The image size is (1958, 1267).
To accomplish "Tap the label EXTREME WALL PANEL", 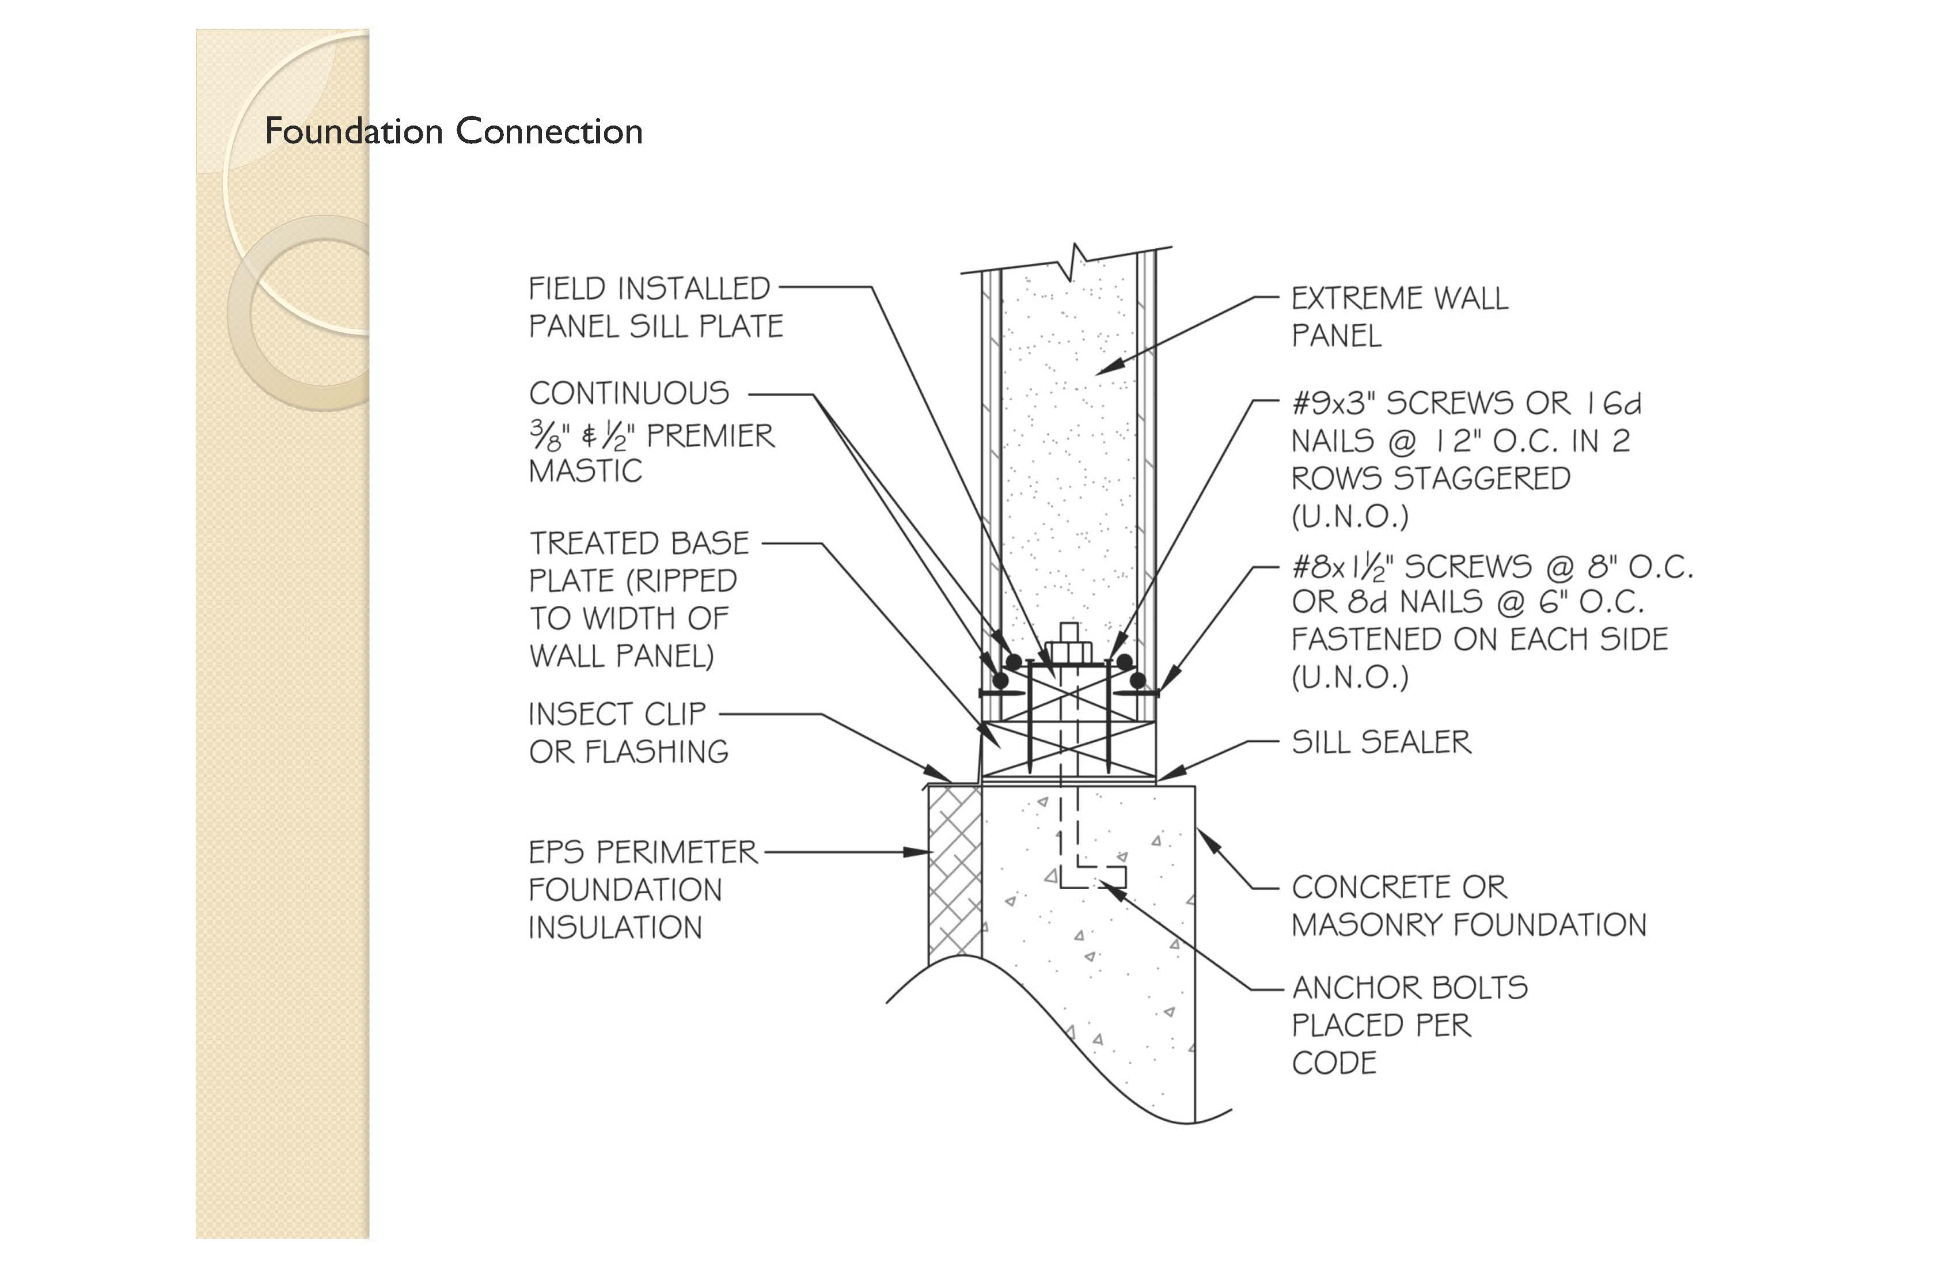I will (x=1399, y=317).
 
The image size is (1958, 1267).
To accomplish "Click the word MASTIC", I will (x=585, y=472).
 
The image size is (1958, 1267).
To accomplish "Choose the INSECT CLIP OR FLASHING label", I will (x=628, y=732).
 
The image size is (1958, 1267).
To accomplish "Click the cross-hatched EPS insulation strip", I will (x=954, y=872).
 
